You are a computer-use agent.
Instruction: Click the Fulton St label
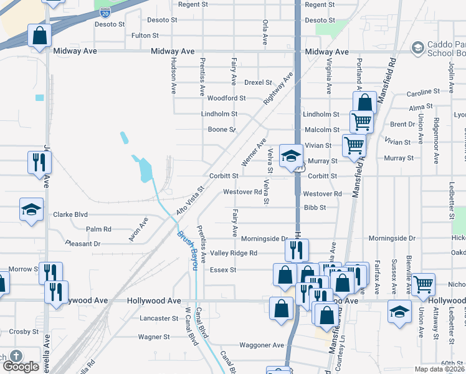(145, 36)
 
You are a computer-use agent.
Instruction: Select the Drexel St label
(258, 82)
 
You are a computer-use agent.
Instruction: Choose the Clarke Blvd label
(70, 214)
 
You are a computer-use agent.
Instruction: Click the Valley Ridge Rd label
(233, 253)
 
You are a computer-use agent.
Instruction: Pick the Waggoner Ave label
(261, 345)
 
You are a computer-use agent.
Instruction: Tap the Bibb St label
(315, 207)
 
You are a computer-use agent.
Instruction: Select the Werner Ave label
(254, 153)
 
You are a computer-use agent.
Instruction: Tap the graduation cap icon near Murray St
(290, 155)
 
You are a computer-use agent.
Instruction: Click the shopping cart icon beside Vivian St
(354, 145)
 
